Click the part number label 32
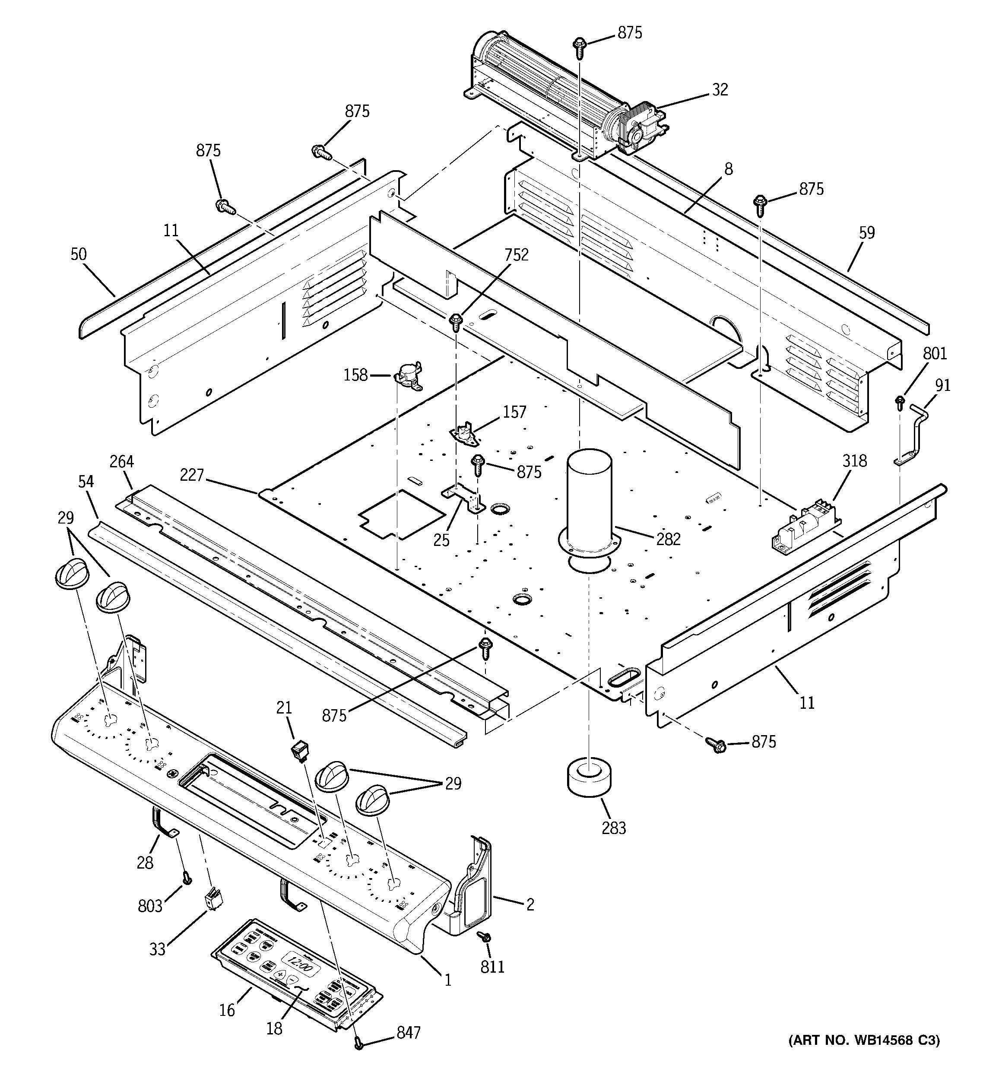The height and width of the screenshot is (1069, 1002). [x=720, y=89]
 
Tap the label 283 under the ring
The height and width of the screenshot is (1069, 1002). [x=614, y=828]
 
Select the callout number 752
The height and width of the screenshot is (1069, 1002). [x=516, y=255]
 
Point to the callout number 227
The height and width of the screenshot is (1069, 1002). [x=192, y=475]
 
